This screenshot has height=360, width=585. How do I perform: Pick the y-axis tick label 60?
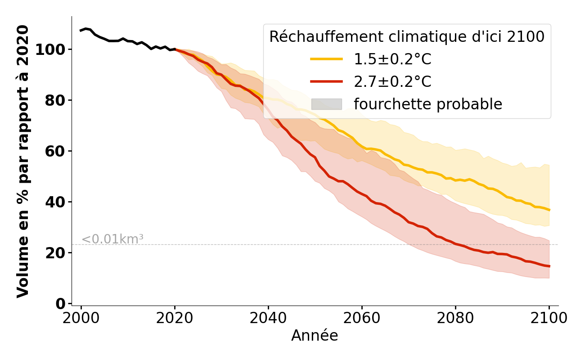(54, 151)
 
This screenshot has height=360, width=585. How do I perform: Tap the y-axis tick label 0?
(60, 303)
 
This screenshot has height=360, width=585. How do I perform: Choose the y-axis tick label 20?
(54, 252)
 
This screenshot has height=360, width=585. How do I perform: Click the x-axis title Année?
(315, 336)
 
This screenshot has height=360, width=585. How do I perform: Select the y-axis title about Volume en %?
(23, 161)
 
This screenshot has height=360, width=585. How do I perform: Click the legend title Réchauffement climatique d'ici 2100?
(407, 37)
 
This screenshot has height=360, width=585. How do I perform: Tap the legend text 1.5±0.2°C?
(392, 59)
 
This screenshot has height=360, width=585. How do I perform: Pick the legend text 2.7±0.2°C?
(392, 81)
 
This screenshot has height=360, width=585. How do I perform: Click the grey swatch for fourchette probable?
(327, 104)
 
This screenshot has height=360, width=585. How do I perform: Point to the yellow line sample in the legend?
(327, 59)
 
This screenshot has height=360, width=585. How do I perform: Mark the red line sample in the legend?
(327, 81)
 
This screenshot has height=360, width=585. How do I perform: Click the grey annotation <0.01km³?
(112, 239)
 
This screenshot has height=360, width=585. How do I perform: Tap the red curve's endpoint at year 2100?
(549, 266)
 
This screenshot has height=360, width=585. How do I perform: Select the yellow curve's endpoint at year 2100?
(549, 210)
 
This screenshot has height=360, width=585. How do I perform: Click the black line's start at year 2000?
(81, 31)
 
